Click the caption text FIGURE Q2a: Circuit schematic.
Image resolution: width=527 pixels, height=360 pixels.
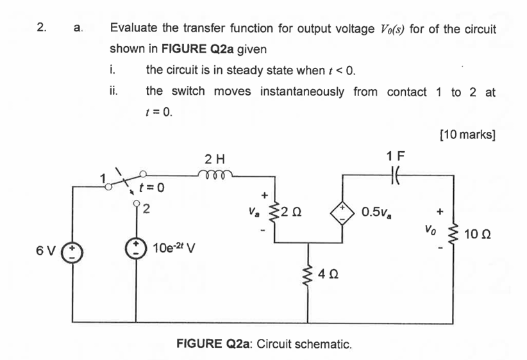264,343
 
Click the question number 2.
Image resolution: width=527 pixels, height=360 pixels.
42,28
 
